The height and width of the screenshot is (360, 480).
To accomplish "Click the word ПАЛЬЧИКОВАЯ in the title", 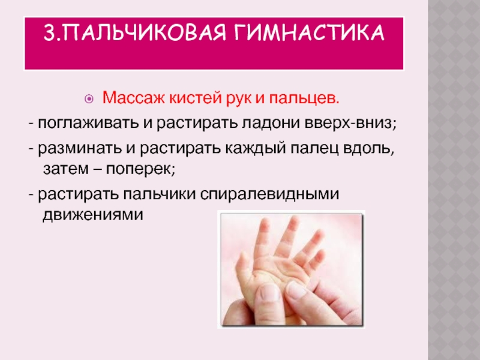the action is pos(143,32).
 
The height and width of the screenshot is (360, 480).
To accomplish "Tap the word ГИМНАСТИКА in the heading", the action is pos(310,32).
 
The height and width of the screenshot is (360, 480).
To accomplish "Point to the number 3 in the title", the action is pos(49,32).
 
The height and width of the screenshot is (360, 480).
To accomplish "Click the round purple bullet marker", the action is pos(89,99).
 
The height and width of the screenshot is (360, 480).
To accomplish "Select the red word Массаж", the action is pos(134,98).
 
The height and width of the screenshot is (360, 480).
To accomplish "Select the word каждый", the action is pos(256,149).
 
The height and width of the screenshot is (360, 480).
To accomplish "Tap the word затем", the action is pos(66,169).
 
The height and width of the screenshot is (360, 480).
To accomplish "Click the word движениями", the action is pos(93,215).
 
